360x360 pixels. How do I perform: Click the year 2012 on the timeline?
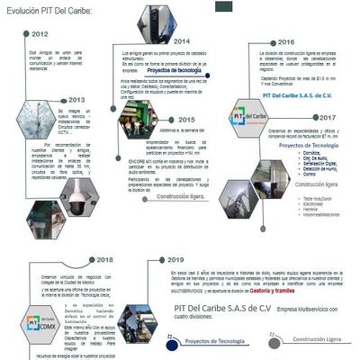(40, 34)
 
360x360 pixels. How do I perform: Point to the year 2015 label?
(186, 119)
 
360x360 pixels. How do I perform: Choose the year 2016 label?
(285, 42)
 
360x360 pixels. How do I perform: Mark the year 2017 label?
(327, 118)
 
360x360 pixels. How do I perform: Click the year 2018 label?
(104, 259)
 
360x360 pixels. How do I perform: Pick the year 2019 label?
(175, 260)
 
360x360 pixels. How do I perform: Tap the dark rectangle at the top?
(223, 6)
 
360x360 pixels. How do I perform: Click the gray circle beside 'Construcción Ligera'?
(274, 342)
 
